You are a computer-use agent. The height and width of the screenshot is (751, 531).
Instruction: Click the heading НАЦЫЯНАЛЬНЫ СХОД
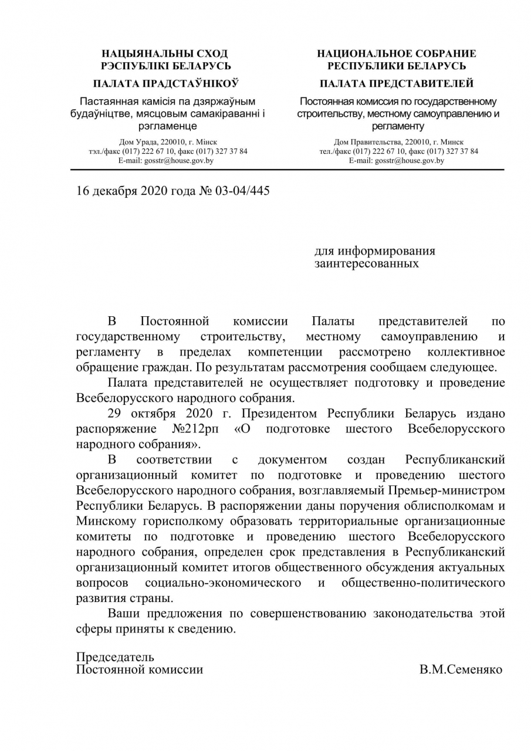click(166, 54)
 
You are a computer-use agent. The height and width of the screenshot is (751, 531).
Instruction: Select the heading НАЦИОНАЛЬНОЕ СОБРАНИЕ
click(397, 54)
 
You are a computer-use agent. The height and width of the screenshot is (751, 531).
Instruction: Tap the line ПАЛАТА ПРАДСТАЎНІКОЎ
click(166, 83)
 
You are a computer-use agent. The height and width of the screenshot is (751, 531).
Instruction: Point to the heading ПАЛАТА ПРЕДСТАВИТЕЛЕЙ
click(397, 83)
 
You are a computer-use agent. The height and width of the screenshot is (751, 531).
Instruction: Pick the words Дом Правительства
click(361, 142)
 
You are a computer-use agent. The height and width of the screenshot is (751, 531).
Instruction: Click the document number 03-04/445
click(242, 191)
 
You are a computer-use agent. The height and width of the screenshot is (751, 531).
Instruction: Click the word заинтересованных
click(367, 264)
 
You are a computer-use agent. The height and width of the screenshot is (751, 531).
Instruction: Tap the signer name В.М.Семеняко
click(461, 669)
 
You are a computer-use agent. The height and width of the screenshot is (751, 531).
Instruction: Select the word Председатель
click(115, 657)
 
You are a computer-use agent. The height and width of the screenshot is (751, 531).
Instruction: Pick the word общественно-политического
click(423, 583)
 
